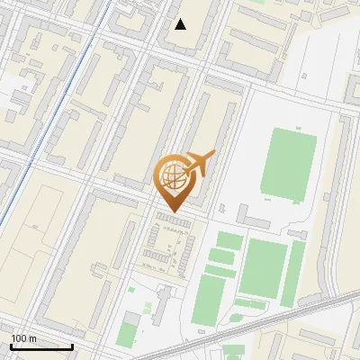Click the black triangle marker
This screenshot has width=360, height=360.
point(181,24)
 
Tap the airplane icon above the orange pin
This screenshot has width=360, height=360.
point(198,165)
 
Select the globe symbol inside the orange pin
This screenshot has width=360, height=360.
point(172,178)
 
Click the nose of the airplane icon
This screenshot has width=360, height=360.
point(212,154)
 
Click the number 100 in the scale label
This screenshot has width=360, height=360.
point(18,338)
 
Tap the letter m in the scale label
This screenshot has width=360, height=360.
point(32,338)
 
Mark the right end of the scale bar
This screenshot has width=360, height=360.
point(72,346)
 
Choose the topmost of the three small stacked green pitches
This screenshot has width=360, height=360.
point(229,240)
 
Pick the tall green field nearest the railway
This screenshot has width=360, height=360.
point(209,301)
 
